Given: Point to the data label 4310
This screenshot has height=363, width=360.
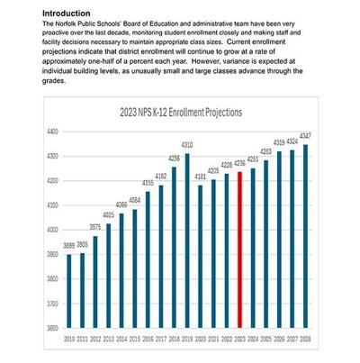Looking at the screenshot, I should [x=187, y=145].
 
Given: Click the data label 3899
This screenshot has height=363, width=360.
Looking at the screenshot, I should [x=69, y=246].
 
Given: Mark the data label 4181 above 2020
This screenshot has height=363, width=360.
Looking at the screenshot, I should [x=200, y=177].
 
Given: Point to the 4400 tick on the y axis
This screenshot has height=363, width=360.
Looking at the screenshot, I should [x=51, y=132].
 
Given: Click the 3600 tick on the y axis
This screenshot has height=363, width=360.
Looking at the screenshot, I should [x=51, y=328].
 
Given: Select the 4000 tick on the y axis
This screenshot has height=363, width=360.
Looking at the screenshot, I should [x=51, y=230].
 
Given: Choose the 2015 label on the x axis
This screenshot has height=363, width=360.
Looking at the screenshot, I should [x=135, y=340].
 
